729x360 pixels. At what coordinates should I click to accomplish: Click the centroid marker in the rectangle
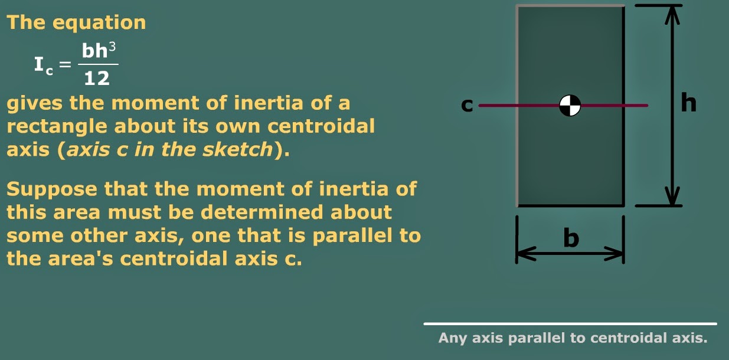(x=570, y=106)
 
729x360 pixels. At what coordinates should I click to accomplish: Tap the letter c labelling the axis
(x=467, y=106)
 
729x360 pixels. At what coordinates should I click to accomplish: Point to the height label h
(x=688, y=103)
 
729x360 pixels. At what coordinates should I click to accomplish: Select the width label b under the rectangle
(x=571, y=238)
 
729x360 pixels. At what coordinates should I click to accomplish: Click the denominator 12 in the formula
(x=97, y=78)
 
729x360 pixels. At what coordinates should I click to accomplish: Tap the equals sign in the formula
(x=66, y=64)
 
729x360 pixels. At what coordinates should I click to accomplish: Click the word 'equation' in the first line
(x=99, y=23)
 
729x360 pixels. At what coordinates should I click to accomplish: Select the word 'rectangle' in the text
(x=57, y=127)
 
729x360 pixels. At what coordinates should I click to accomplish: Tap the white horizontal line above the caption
(x=570, y=323)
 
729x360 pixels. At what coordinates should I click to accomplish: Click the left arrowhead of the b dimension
(x=524, y=254)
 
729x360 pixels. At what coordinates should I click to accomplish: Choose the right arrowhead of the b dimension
(x=616, y=254)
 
